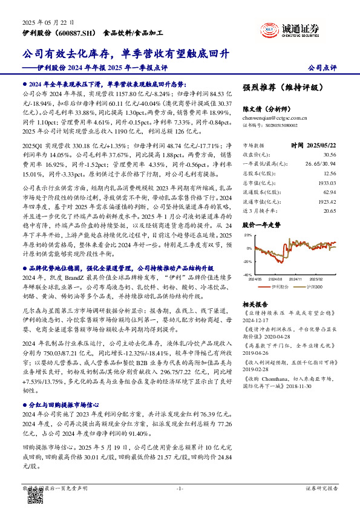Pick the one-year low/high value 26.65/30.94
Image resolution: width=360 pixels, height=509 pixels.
[x=336, y=164]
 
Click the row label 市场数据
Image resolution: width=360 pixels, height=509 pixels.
[x=254, y=146]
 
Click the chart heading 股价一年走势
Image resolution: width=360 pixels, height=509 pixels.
[x=260, y=225]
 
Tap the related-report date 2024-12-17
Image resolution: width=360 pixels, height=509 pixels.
[x=255, y=322]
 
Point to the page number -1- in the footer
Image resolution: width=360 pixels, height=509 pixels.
[x=180, y=488]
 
